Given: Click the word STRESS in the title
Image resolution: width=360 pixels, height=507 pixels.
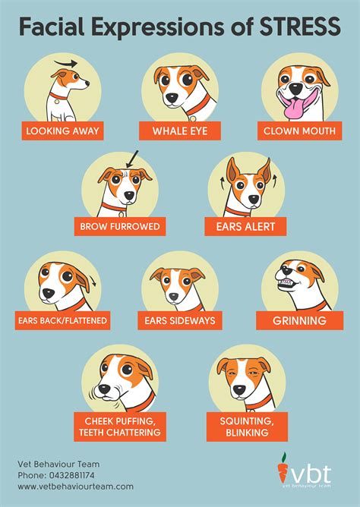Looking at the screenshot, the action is [300, 27].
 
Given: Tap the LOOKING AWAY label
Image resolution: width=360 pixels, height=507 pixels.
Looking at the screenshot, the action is [62, 131].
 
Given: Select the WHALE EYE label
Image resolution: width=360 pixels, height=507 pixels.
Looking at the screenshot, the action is [180, 131].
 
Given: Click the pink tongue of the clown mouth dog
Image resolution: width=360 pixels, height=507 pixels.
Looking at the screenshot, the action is [295, 108].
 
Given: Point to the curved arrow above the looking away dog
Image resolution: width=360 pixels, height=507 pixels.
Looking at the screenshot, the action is [65, 63].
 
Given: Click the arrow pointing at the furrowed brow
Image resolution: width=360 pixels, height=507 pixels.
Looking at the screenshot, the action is [131, 159].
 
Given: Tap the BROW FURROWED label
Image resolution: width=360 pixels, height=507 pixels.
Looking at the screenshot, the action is [120, 226].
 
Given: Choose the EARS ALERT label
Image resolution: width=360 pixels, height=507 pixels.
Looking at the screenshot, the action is [245, 226].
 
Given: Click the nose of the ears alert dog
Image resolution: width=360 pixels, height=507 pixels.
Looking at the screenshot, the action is [254, 199].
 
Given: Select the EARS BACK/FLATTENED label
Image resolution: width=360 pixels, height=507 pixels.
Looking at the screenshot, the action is [62, 320].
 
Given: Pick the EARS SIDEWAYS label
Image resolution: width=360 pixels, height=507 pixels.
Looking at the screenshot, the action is [180, 320].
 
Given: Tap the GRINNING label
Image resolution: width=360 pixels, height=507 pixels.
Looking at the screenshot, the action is [299, 320].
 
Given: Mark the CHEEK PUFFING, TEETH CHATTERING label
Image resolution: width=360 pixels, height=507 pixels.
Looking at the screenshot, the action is [120, 427].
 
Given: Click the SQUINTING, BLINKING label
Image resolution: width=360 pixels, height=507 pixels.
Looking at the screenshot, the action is [247, 427].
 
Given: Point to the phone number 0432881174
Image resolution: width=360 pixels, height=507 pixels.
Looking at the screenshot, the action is [72, 475].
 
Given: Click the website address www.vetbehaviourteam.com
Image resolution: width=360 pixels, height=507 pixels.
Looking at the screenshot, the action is [75, 487].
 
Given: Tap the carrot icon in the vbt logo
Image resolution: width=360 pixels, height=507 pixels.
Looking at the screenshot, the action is [283, 468].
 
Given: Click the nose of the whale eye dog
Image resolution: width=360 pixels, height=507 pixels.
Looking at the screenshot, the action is [172, 97].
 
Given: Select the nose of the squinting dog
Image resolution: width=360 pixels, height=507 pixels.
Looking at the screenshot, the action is [240, 390].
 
